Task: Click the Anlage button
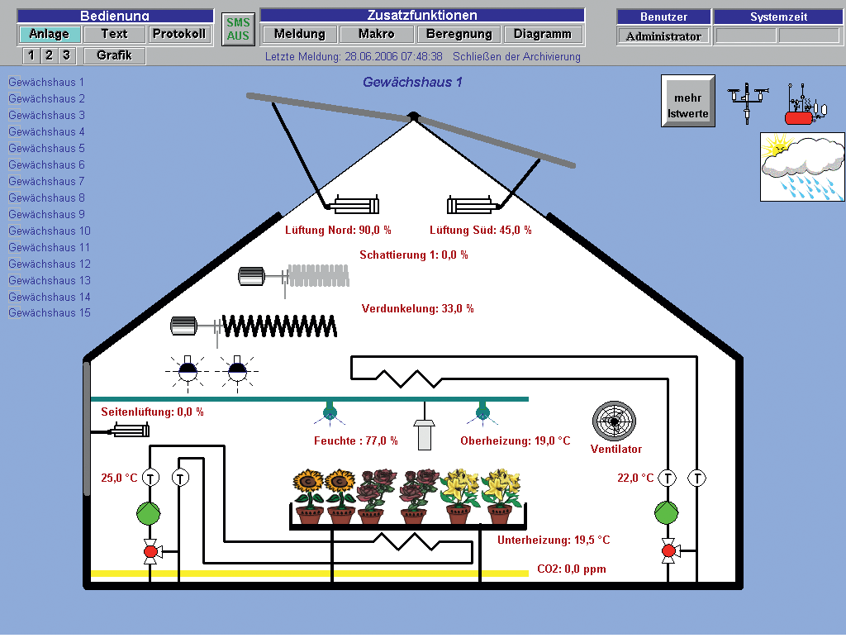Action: pos(50,34)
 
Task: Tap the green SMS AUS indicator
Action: pos(238,30)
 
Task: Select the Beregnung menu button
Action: pos(459,34)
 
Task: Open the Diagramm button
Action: pos(542,34)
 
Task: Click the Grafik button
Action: pos(114,55)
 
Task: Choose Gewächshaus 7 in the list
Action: pos(47,181)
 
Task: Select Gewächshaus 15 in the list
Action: pos(50,313)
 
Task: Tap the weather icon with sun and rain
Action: pos(802,167)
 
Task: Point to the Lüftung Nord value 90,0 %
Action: pos(338,231)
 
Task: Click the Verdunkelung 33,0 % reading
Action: pos(417,308)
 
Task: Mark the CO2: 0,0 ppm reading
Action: pos(572,569)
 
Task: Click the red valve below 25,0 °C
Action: pos(150,550)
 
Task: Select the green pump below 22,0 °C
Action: pos(667,512)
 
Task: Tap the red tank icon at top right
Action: pos(799,117)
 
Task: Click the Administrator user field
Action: pos(663,36)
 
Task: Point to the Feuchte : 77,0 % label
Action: pos(356,441)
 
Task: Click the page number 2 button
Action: pos(49,55)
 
